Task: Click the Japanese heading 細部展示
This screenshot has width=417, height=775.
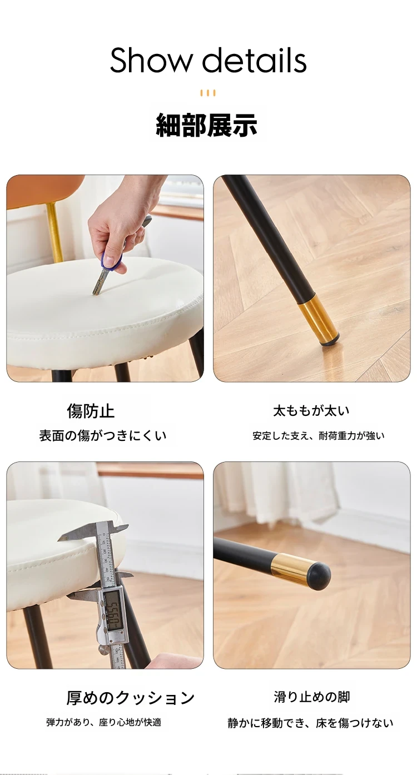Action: pos(207,125)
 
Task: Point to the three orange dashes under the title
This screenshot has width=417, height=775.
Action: pos(208,93)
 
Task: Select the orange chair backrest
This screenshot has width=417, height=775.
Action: pos(45,191)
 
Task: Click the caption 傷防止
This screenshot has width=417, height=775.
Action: pos(91,411)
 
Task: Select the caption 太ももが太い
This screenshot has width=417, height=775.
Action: pos(311,411)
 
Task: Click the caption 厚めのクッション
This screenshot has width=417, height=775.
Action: pos(131,698)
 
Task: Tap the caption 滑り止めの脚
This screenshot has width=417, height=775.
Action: pos(311,697)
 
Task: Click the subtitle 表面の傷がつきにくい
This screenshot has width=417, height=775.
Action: pos(103,436)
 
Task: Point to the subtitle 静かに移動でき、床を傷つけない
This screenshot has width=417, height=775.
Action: pos(310,723)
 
